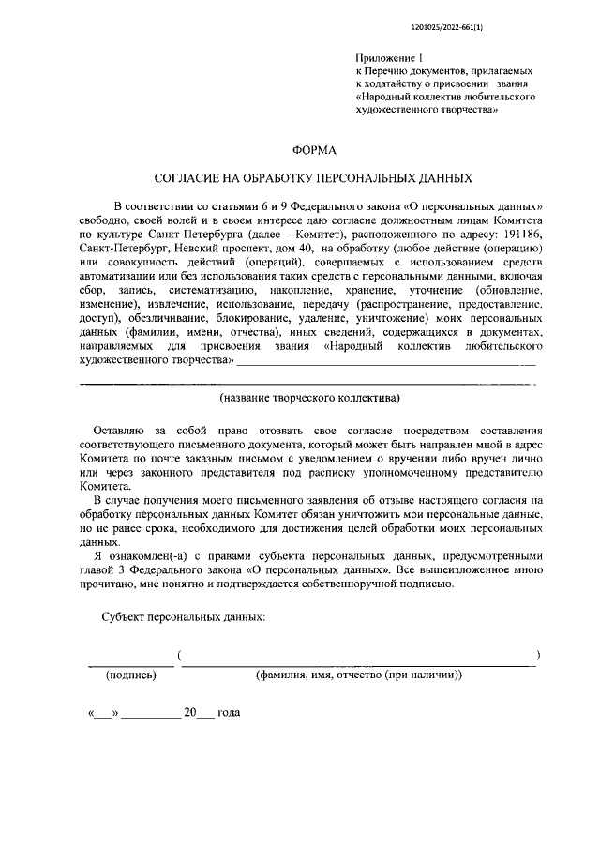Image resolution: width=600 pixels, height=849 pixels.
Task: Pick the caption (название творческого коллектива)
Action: pyautogui.click(x=309, y=399)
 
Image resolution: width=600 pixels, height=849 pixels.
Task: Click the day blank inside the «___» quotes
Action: pyautogui.click(x=104, y=714)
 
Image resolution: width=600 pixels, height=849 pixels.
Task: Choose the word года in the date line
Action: pyautogui.click(x=229, y=713)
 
